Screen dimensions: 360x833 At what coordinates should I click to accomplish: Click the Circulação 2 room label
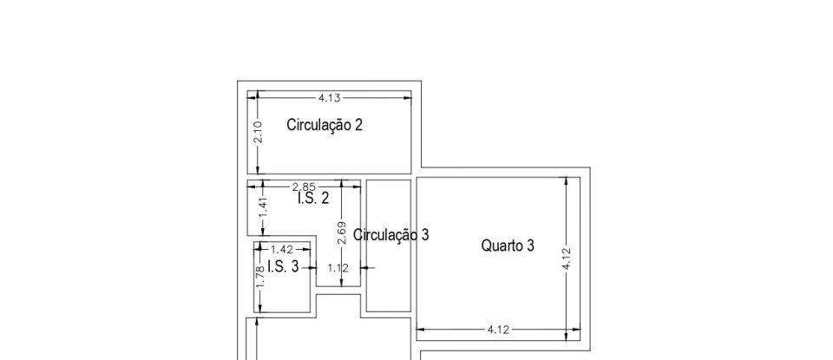click(x=325, y=125)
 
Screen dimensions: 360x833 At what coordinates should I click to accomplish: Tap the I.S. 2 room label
click(x=313, y=199)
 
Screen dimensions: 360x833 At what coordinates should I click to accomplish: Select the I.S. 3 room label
click(x=283, y=266)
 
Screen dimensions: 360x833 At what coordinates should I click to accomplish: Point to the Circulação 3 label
click(x=391, y=234)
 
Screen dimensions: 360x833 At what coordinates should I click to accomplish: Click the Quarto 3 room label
click(x=508, y=245)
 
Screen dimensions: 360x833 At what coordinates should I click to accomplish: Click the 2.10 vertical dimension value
click(x=258, y=133)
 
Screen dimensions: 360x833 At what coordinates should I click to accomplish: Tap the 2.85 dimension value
click(x=304, y=186)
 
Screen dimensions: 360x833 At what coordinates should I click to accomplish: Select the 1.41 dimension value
click(x=263, y=207)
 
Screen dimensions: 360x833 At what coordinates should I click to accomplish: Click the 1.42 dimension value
click(x=282, y=250)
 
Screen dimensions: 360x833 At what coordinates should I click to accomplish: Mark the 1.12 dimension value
click(x=337, y=268)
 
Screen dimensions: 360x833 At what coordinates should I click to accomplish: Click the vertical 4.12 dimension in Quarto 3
click(x=567, y=258)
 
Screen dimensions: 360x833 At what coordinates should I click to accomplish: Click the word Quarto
click(x=502, y=245)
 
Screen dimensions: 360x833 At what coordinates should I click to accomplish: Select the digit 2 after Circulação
click(x=358, y=125)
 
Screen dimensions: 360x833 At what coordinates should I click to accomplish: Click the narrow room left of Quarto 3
click(x=388, y=278)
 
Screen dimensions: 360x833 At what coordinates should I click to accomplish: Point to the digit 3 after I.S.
click(x=294, y=266)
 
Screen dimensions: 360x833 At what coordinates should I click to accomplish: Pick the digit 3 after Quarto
click(x=530, y=245)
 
